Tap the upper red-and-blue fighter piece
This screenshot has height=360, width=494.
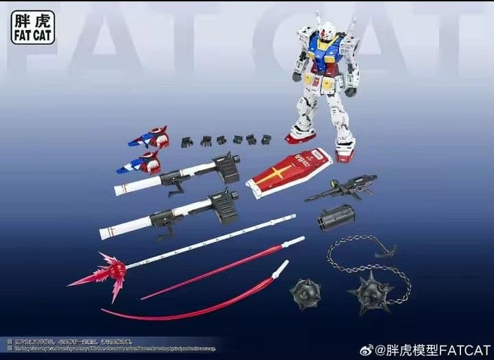coord(150,137)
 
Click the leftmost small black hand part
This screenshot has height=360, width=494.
coord(187,141)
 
